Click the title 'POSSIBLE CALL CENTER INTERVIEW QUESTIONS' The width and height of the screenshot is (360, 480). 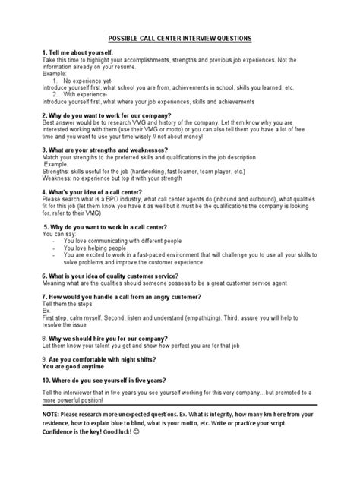(180, 38)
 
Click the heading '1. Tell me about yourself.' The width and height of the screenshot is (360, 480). (82, 54)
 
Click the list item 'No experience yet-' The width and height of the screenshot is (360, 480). (91, 79)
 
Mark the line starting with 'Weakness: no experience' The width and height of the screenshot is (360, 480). (122, 180)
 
